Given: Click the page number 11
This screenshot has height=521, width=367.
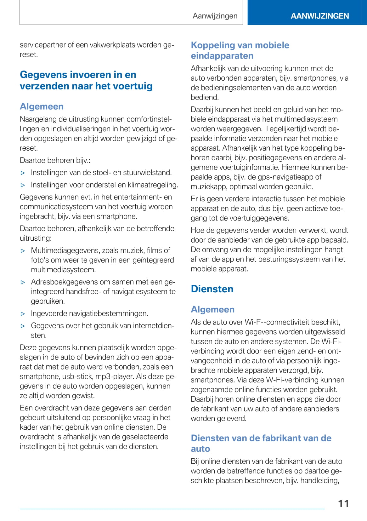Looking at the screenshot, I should [343, 503].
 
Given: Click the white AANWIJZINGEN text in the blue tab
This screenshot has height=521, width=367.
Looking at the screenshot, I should [319, 16].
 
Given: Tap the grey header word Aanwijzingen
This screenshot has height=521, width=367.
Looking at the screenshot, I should [215, 16].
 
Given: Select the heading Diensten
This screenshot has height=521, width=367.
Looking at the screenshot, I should [212, 289].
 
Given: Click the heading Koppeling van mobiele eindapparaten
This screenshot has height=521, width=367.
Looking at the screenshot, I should [240, 50].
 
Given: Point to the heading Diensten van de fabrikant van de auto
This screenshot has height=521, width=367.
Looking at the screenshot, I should [261, 443].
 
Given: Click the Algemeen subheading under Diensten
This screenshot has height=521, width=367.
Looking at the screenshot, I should [212, 309].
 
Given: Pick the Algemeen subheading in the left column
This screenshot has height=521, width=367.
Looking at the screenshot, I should [42, 106].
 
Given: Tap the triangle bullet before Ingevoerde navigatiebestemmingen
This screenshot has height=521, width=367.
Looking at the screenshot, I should [23, 314].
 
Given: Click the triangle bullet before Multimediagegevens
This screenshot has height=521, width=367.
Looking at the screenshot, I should [23, 251].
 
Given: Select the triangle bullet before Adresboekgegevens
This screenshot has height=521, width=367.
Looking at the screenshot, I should [23, 282].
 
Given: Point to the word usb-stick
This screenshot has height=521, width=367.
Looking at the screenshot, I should [77, 376].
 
